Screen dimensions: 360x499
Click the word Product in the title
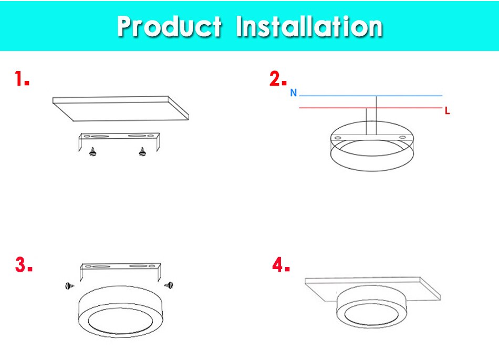tap(169, 26)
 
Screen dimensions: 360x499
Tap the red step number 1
tap(21, 80)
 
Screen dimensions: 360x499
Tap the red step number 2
tap(278, 79)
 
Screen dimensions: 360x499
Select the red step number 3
tap(24, 265)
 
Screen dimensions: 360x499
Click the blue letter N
tap(294, 93)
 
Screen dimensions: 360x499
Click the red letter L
tap(447, 111)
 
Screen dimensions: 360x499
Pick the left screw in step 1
tap(93, 153)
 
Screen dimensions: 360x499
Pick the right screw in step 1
tap(141, 152)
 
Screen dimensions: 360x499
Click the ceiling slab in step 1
tap(121, 107)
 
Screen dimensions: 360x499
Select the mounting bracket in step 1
tap(118, 138)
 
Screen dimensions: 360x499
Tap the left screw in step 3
tap(69, 285)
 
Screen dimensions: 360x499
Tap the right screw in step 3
tap(169, 284)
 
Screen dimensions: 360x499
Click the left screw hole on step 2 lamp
tap(338, 137)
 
